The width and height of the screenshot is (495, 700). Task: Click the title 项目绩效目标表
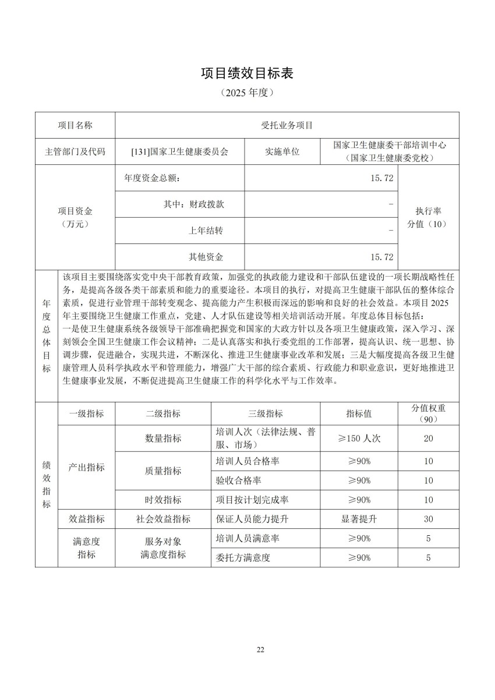(x=248, y=73)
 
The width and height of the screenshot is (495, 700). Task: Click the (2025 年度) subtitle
(x=248, y=93)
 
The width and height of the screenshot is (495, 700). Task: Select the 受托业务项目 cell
(x=287, y=125)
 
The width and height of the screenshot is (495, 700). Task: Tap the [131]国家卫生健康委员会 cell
(x=180, y=151)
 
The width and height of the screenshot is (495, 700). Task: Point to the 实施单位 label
(x=282, y=151)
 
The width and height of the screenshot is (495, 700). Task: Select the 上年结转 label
(x=206, y=231)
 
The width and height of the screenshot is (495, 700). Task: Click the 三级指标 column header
(x=266, y=413)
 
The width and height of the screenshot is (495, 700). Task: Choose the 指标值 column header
(x=359, y=413)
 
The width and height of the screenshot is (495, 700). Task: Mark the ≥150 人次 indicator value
(x=359, y=439)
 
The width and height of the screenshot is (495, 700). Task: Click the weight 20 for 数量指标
(x=428, y=439)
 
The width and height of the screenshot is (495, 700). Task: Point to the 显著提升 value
(x=359, y=519)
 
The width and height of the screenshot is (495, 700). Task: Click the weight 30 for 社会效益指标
(x=428, y=519)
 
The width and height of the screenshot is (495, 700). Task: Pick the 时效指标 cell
(x=163, y=500)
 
